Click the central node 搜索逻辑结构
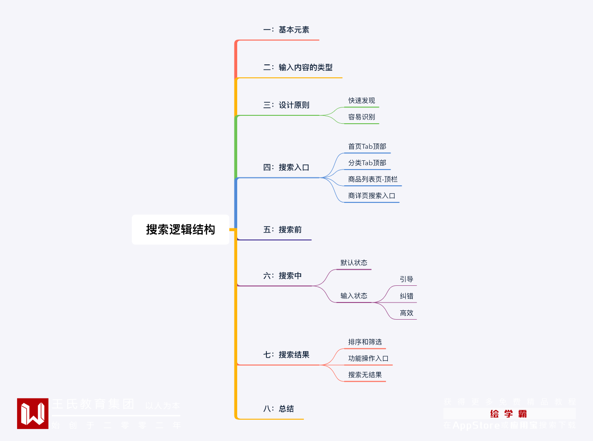(181, 229)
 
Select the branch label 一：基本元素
(286, 30)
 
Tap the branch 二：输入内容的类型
(298, 68)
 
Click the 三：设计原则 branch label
(286, 105)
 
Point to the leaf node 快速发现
(362, 101)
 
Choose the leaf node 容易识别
(362, 117)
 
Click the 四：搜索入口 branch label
(286, 168)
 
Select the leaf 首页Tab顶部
(367, 146)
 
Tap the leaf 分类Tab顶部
(367, 163)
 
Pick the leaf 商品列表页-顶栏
(373, 179)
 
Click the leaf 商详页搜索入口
(372, 196)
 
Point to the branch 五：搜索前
(283, 230)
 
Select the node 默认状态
(354, 263)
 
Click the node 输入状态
(354, 296)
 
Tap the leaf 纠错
(407, 296)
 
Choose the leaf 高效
(407, 313)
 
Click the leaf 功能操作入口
(368, 359)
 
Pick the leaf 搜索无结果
(365, 375)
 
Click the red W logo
(33, 414)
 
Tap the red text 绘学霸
(509, 414)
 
